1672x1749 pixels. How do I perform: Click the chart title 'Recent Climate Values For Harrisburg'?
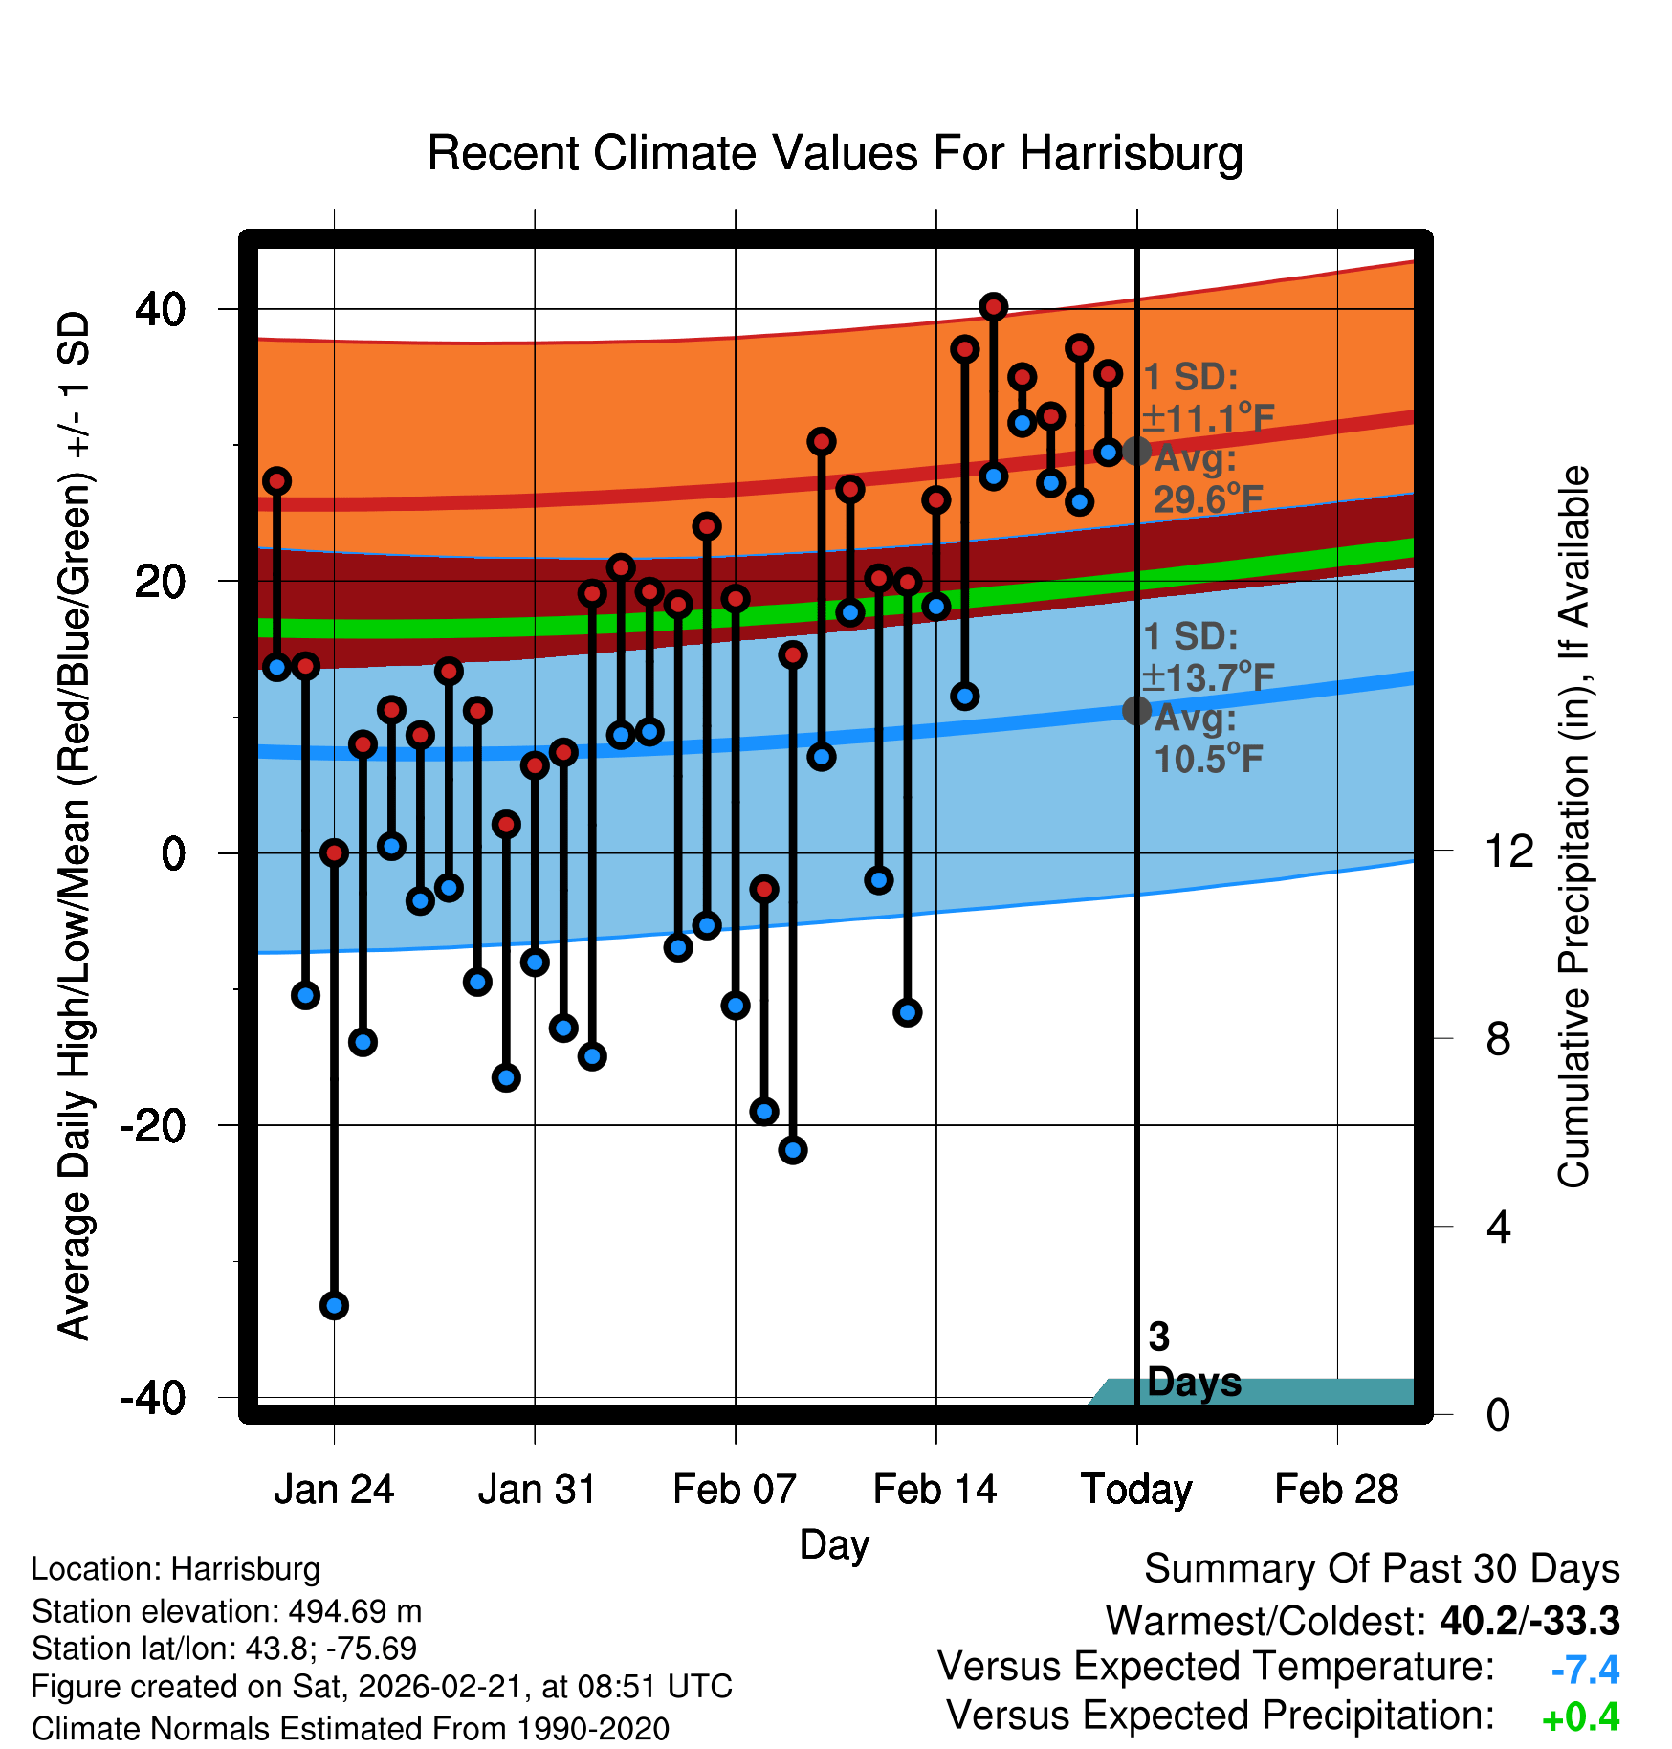click(835, 153)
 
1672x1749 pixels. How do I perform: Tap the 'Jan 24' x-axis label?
click(334, 1490)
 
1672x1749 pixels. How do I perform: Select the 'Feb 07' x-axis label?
click(735, 1490)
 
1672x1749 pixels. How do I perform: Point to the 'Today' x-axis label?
click(1136, 1490)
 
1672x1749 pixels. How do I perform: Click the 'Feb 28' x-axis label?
click(1336, 1490)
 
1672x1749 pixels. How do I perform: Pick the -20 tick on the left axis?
click(152, 1126)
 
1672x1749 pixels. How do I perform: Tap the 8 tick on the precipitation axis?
click(1498, 1039)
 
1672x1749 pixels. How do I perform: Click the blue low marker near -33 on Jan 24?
click(334, 1305)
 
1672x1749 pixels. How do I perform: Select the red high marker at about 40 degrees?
click(994, 307)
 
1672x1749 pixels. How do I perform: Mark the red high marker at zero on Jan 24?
click(334, 852)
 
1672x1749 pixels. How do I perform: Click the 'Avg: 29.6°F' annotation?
click(1207, 479)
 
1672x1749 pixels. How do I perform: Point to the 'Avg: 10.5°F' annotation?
click(1207, 739)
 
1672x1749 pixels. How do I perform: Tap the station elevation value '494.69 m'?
click(355, 1611)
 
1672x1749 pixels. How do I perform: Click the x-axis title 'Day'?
click(834, 1544)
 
